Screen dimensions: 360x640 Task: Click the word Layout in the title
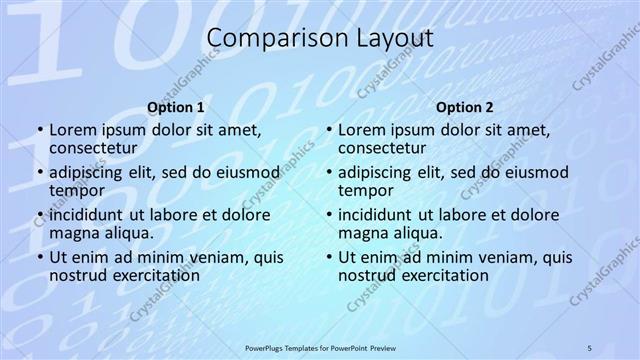pyautogui.click(x=387, y=39)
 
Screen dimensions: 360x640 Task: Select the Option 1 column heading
pyautogui.click(x=176, y=107)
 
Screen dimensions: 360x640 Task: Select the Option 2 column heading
pyautogui.click(x=465, y=107)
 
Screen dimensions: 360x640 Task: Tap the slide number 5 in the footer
pyautogui.click(x=589, y=347)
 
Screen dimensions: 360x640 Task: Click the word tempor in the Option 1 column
pyautogui.click(x=78, y=190)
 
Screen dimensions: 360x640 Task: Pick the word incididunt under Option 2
pyautogui.click(x=375, y=215)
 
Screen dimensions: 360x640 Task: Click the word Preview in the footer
pyautogui.click(x=387, y=347)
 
